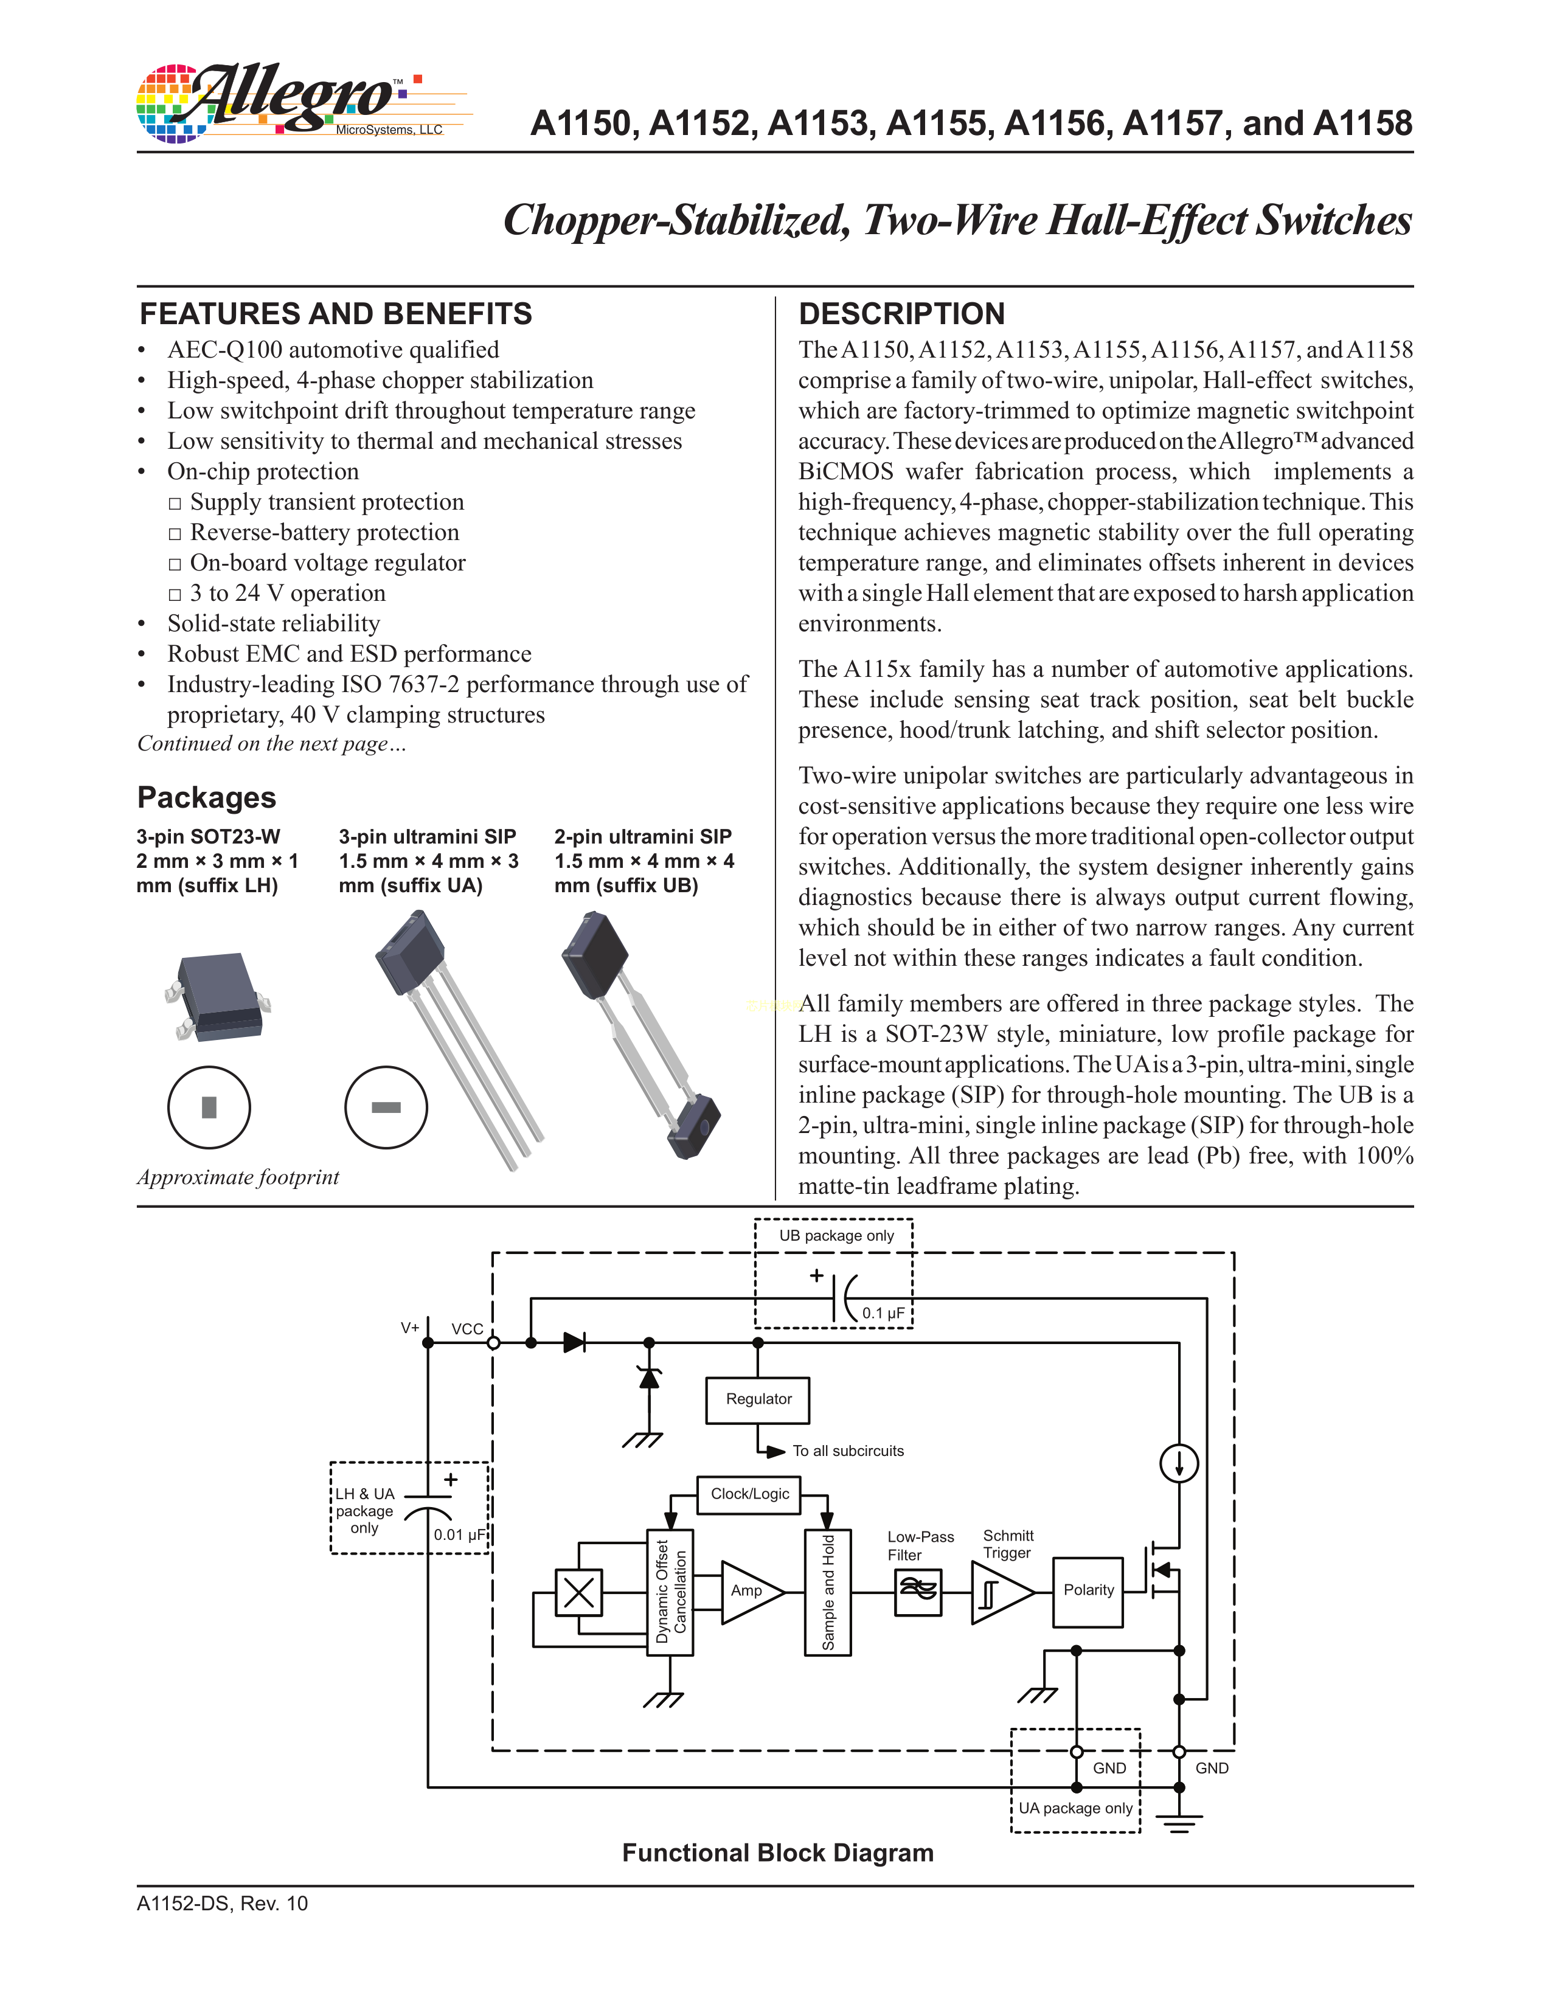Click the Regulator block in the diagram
[x=757, y=1399]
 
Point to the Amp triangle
[x=748, y=1591]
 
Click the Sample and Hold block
[x=828, y=1592]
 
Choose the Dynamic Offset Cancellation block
[x=670, y=1592]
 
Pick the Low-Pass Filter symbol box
[x=917, y=1592]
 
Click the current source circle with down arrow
[x=1179, y=1462]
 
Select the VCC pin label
[x=467, y=1329]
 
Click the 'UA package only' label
[x=1075, y=1808]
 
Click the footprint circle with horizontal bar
[x=386, y=1107]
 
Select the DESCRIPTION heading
[x=901, y=314]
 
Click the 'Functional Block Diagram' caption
[x=777, y=1853]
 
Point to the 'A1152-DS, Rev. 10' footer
[x=223, y=1903]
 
